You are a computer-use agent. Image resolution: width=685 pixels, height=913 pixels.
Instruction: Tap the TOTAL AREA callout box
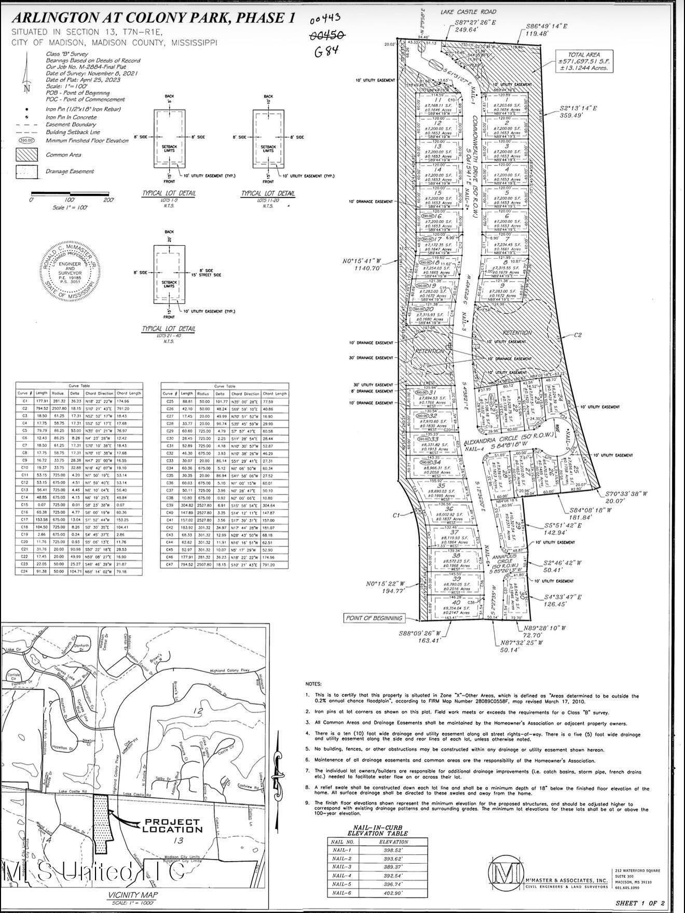(x=584, y=61)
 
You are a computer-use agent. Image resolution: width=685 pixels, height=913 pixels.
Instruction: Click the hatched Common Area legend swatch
(x=27, y=154)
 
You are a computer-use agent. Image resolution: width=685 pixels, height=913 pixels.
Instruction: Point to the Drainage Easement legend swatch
(x=27, y=171)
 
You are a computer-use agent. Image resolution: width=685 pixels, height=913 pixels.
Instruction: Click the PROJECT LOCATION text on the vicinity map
(x=165, y=826)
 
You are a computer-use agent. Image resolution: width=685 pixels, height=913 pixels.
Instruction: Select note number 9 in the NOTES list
(x=308, y=803)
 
